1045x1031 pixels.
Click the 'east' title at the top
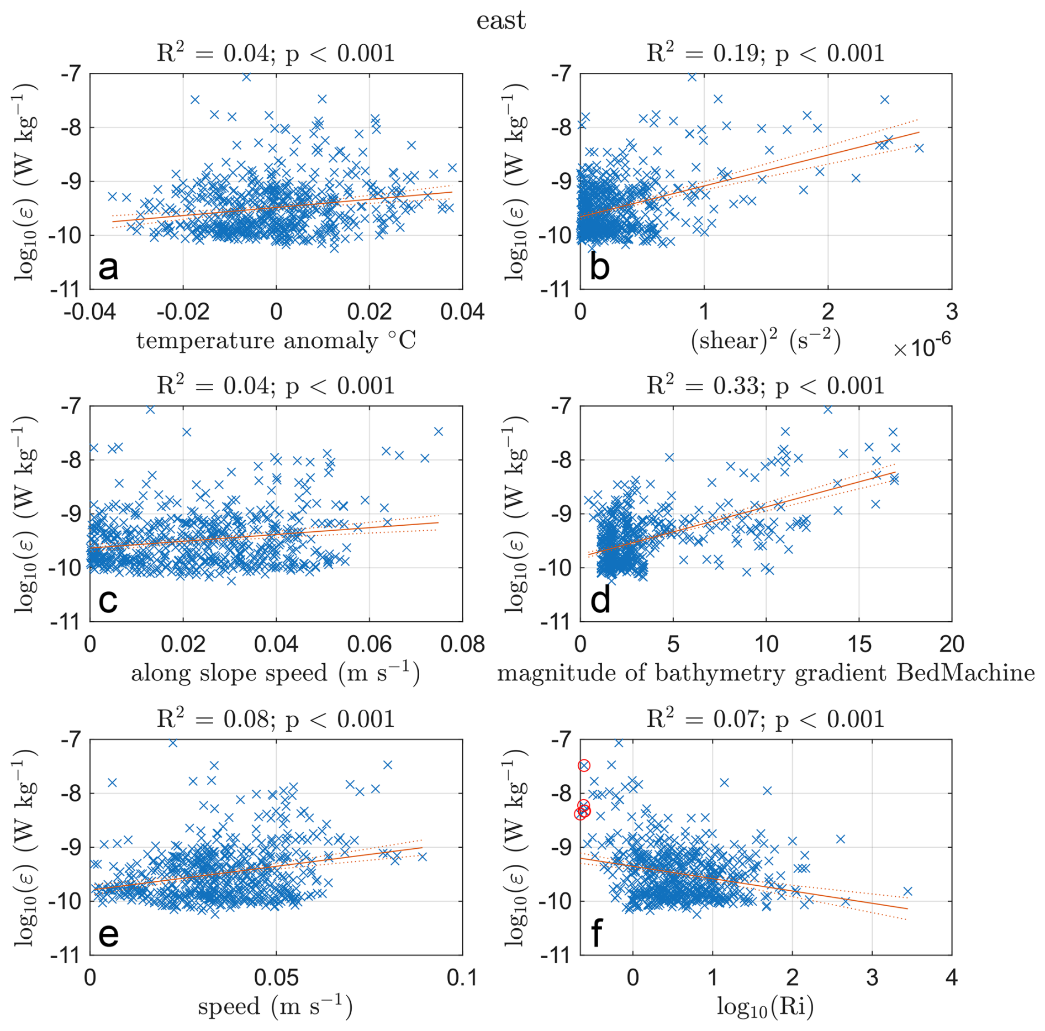pyautogui.click(x=501, y=20)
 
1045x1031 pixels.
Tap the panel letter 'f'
pyautogui.click(x=597, y=933)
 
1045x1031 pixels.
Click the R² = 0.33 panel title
pyautogui.click(x=766, y=385)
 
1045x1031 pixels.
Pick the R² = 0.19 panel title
pyautogui.click(x=766, y=53)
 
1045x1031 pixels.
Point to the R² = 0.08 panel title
pyautogui.click(x=276, y=718)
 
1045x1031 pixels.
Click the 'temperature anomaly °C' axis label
pyautogui.click(x=276, y=340)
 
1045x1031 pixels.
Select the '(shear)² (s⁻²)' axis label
pyautogui.click(x=766, y=340)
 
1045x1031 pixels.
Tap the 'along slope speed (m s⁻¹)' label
pyautogui.click(x=276, y=673)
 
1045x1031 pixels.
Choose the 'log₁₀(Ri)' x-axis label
pyautogui.click(x=766, y=1007)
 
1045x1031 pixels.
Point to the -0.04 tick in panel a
pyautogui.click(x=89, y=312)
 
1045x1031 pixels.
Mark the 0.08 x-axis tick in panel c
pyautogui.click(x=462, y=644)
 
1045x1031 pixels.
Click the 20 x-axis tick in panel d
pyautogui.click(x=952, y=644)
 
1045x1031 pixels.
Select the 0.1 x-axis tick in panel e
pyautogui.click(x=462, y=977)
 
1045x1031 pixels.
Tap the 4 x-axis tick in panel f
pyautogui.click(x=951, y=977)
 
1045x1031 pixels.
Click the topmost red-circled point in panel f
pyautogui.click(x=584, y=765)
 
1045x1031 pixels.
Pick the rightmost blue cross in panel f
pyautogui.click(x=907, y=891)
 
